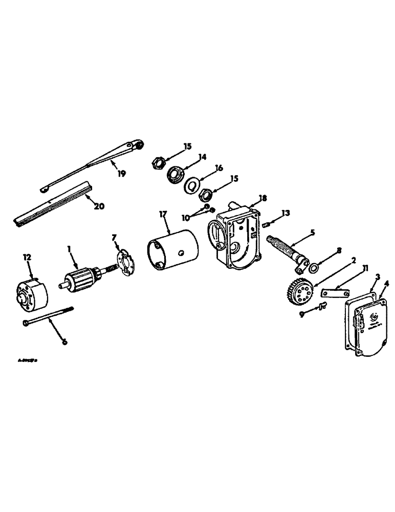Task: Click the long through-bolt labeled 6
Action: click(x=49, y=315)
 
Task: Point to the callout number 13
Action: click(x=286, y=212)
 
